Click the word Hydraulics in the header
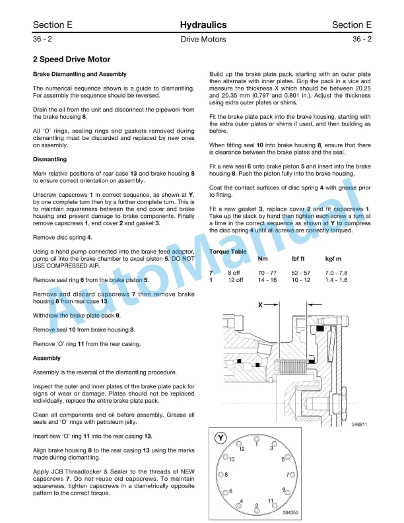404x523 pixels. click(x=203, y=25)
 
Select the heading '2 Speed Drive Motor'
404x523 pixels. click(x=71, y=59)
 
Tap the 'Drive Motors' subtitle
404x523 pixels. click(x=203, y=40)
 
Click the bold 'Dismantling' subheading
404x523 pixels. click(x=50, y=159)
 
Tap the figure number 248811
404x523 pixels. click(x=360, y=424)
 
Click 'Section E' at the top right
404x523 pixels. click(x=352, y=25)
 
